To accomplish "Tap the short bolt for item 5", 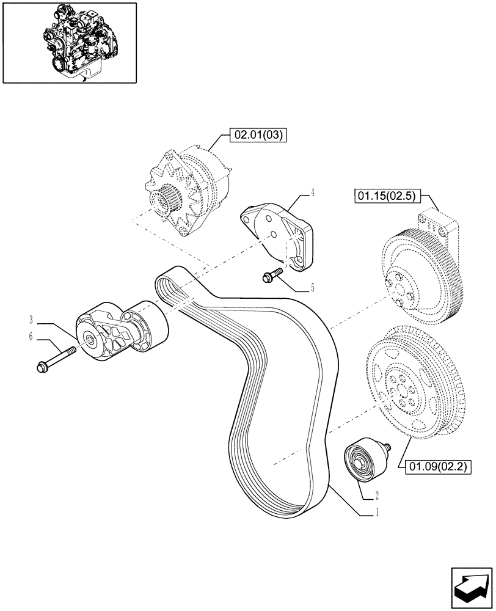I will [x=272, y=274].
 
